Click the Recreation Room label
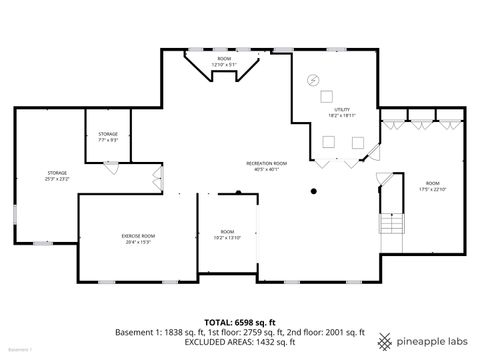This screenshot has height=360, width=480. [x=267, y=165]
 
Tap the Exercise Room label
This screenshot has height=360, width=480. [x=139, y=238]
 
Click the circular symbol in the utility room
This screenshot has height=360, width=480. [x=313, y=80]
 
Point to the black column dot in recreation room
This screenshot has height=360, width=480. [x=313, y=190]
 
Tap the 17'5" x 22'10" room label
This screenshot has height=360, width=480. [x=432, y=186]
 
